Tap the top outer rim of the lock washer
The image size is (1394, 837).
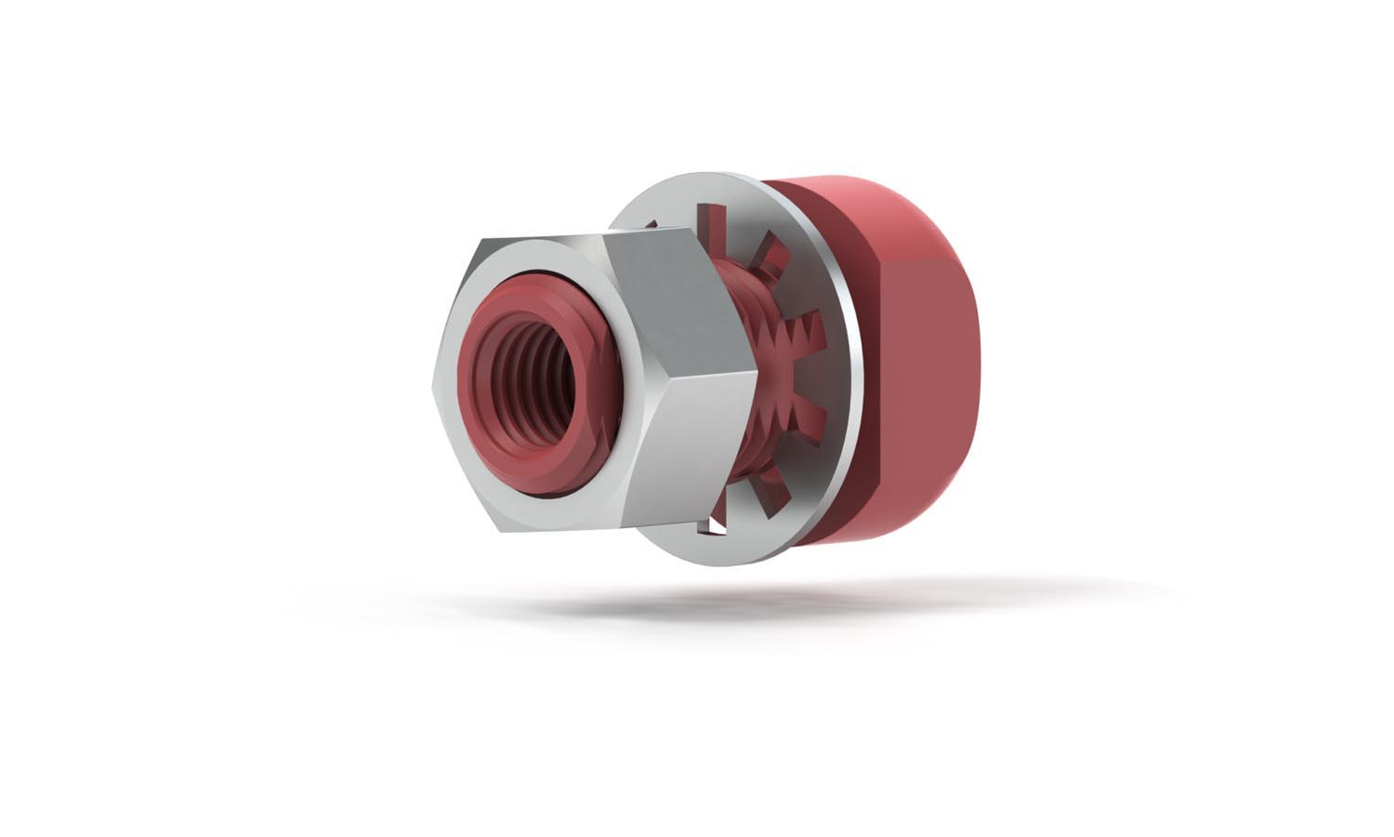pyautogui.click(x=706, y=181)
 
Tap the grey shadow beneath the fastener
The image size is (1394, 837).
pyautogui.click(x=743, y=604)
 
